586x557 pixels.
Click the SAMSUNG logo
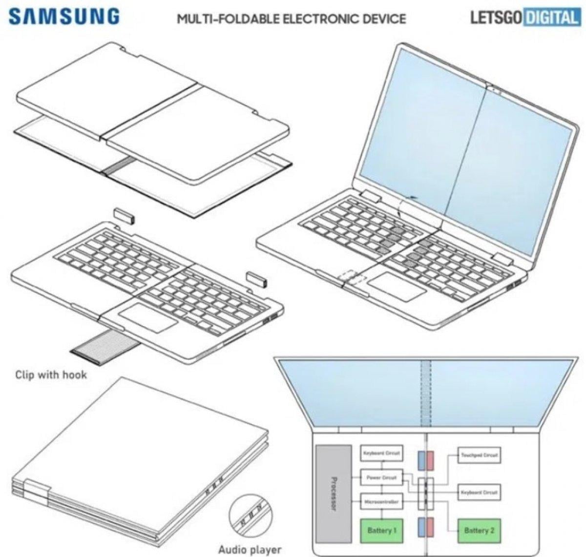(64, 16)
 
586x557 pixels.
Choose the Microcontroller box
(381, 501)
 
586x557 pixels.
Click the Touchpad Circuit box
(480, 455)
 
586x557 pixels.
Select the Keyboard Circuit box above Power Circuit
(381, 454)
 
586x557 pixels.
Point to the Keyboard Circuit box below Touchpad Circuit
(480, 493)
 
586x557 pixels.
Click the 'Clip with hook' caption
(51, 375)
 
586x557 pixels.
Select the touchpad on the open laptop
(396, 287)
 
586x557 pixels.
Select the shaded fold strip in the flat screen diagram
(426, 393)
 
